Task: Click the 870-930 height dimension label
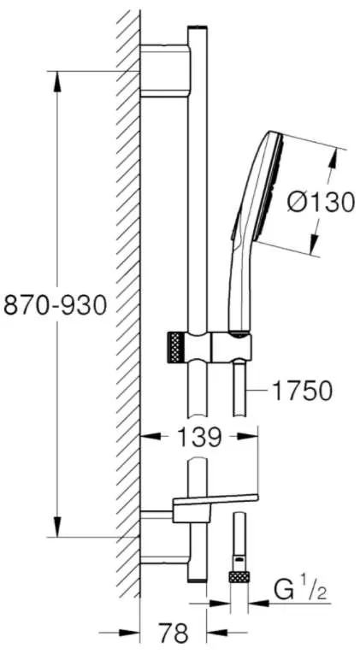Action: [x=56, y=305]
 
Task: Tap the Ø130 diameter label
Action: [x=321, y=203]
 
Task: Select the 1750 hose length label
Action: [x=303, y=392]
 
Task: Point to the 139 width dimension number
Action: [x=198, y=437]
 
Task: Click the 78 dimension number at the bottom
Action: [x=174, y=633]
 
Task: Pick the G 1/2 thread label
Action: [x=300, y=591]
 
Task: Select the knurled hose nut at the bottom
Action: [x=239, y=576]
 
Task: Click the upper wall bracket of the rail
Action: [x=165, y=70]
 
